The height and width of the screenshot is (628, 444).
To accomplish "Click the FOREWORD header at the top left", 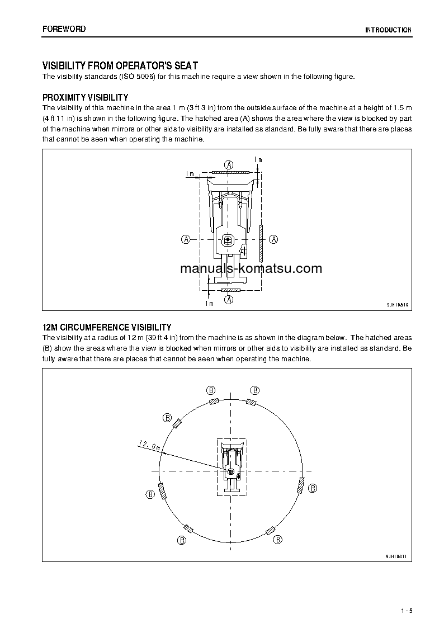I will [x=64, y=29].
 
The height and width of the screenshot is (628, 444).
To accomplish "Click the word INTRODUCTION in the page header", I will [x=388, y=30].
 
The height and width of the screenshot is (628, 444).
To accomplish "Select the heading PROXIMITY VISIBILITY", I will [x=86, y=97].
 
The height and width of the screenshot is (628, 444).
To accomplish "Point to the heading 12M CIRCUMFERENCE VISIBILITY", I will [x=107, y=327].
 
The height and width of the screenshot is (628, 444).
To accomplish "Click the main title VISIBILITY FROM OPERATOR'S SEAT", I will [x=120, y=66].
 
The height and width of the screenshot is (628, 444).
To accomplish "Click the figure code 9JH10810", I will [x=398, y=305].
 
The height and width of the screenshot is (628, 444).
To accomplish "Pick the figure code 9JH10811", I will [x=398, y=556].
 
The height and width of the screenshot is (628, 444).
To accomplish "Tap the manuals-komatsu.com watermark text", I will [x=251, y=268].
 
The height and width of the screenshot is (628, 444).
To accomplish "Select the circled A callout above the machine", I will [x=229, y=164].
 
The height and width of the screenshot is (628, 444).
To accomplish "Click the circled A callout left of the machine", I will [x=185, y=239].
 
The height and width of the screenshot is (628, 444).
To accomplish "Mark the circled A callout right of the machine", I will [x=273, y=239].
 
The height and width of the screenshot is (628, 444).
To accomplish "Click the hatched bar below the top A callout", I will [x=229, y=173].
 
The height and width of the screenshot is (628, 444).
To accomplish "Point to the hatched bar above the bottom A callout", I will [x=229, y=291].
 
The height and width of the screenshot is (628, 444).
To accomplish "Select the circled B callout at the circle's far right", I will [x=313, y=488].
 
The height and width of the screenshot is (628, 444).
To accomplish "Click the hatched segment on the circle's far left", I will [x=162, y=491].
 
